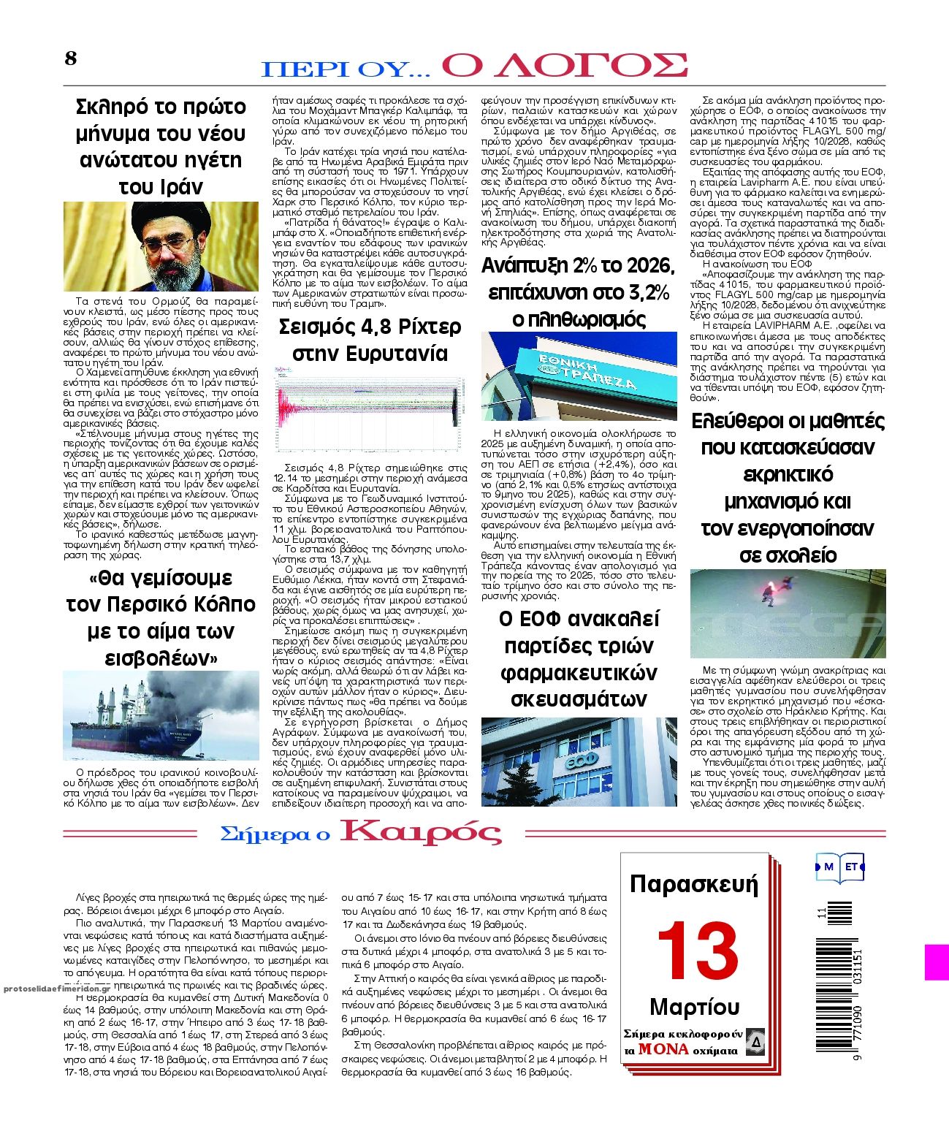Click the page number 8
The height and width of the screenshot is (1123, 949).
click(71, 58)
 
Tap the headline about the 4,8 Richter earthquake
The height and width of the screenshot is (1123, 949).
click(370, 340)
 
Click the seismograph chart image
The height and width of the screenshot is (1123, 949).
click(370, 413)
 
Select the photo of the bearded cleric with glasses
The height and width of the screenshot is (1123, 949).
click(161, 247)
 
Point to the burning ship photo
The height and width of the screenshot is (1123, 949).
click(161, 716)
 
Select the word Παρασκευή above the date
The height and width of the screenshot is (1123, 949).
click(694, 884)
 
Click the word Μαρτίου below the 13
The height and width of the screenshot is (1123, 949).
click(694, 1008)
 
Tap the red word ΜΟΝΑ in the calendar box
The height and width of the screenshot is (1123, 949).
click(663, 1049)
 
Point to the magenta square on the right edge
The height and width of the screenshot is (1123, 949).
click(937, 962)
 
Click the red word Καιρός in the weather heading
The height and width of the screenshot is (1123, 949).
click(422, 832)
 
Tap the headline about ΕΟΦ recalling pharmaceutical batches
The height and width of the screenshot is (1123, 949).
click(579, 659)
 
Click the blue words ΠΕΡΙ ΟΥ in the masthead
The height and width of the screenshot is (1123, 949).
click(345, 69)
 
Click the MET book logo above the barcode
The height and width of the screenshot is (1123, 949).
click(840, 867)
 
